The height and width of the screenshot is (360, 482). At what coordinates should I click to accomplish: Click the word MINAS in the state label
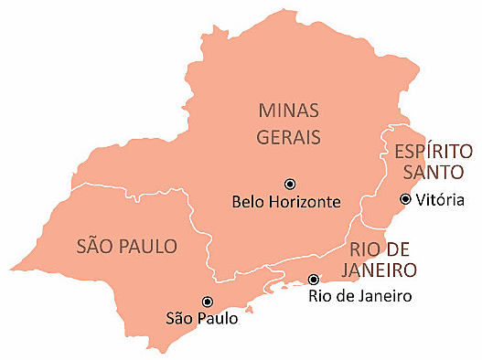point(286,111)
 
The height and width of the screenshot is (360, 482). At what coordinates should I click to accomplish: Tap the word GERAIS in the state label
point(286,137)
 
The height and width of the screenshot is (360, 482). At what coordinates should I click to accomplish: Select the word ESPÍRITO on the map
point(434,151)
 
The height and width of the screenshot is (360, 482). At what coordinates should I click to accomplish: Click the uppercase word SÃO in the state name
point(97,246)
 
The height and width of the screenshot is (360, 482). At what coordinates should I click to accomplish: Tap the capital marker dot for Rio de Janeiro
point(314,280)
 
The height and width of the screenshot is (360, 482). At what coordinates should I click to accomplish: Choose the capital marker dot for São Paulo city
point(208,302)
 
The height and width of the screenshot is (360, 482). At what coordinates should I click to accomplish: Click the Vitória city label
point(441,200)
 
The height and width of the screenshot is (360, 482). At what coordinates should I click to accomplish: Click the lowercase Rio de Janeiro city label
point(360,295)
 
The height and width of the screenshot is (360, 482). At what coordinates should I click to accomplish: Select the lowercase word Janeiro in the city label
point(384,295)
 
